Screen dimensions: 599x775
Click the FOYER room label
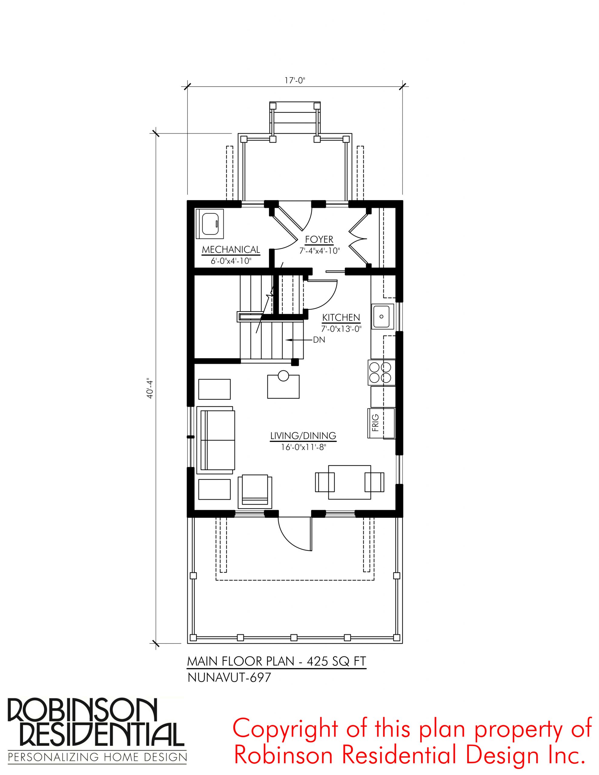[x=319, y=239]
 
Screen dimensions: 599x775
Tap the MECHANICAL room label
[x=231, y=250]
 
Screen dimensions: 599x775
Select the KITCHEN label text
[x=341, y=318]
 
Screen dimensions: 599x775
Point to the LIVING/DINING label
[x=303, y=436]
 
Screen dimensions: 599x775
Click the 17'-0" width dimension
[x=295, y=80]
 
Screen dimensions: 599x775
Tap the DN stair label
[x=319, y=340]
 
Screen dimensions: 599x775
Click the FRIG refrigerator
[x=381, y=423]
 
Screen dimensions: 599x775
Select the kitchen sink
[x=382, y=316]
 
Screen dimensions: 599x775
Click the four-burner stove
[x=382, y=373]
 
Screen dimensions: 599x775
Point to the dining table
[x=350, y=482]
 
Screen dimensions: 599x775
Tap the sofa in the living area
[x=216, y=440]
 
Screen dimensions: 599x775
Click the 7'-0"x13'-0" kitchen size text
[x=341, y=329]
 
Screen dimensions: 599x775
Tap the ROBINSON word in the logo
[x=81, y=709]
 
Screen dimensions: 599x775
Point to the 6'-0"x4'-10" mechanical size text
[x=231, y=261]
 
